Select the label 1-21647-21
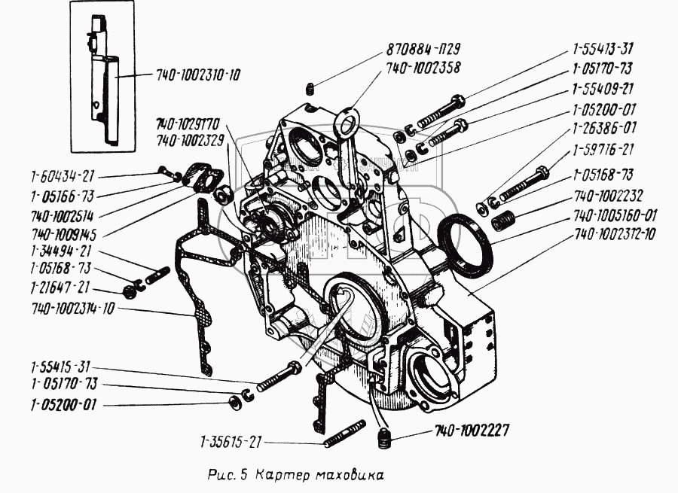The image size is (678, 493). (x=60, y=287)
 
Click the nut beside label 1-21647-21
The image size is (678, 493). (x=128, y=290)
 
